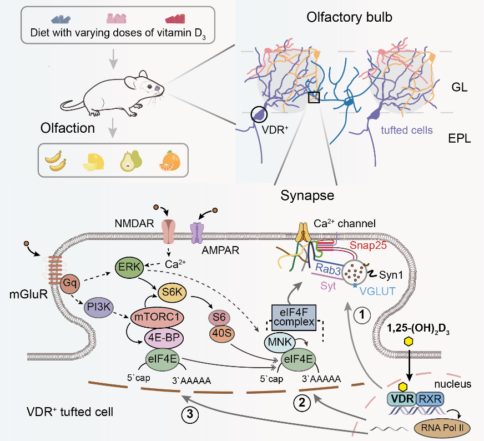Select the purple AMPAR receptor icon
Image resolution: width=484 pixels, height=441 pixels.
[197, 232]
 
